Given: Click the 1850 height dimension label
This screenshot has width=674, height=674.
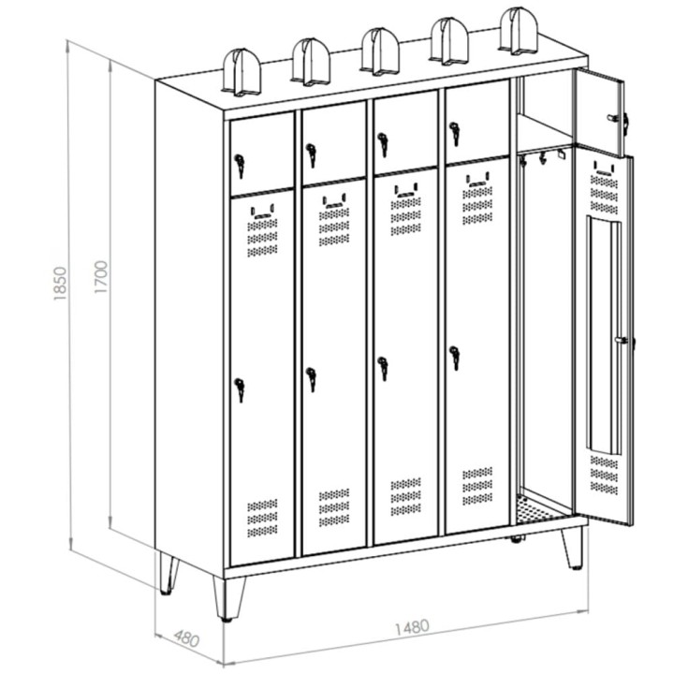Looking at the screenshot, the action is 60,284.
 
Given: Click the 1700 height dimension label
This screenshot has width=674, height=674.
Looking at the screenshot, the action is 100,277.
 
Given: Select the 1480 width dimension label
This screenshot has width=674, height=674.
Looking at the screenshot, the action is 412,627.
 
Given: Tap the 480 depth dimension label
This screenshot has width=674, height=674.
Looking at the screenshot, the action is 186,638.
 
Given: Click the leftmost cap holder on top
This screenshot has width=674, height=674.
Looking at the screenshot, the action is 242,72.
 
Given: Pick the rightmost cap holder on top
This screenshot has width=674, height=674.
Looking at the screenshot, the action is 519,31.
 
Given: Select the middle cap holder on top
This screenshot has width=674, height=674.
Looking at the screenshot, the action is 380,51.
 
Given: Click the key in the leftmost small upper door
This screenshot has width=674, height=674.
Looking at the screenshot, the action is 240,166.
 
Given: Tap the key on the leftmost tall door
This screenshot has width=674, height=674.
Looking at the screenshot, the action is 240,389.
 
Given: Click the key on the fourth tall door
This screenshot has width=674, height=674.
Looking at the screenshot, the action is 455,358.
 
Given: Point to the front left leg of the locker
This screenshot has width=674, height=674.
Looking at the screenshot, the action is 229,599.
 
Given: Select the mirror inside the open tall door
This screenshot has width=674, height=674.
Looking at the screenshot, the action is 604,335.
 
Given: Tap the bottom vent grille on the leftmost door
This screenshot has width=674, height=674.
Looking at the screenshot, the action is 262,518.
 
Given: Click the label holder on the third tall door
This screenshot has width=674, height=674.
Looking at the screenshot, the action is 406,190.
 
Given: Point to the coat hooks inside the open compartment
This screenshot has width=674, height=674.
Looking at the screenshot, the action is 542,157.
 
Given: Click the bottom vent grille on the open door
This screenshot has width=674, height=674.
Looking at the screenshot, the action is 605,475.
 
